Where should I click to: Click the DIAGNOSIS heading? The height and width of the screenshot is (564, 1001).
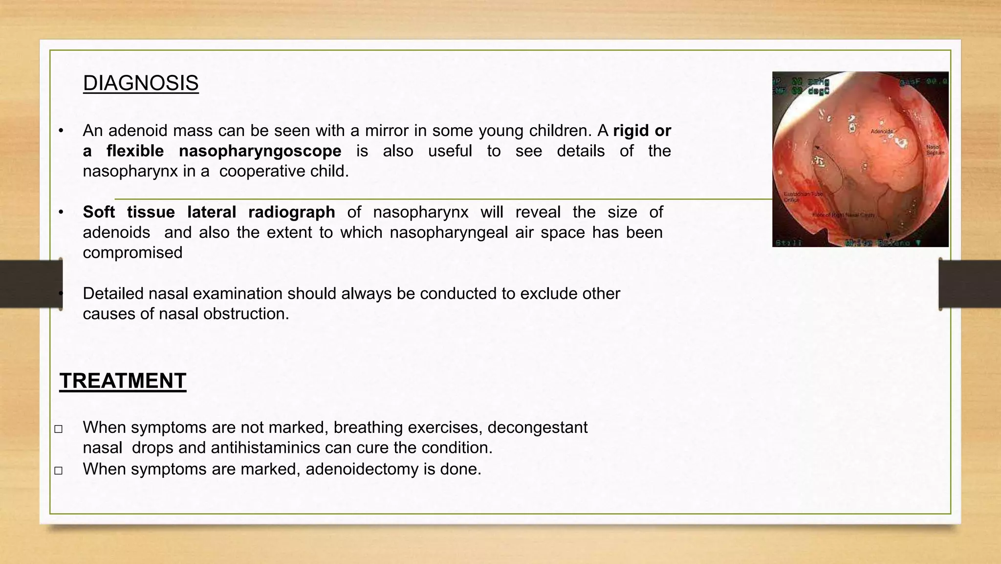pos(141,83)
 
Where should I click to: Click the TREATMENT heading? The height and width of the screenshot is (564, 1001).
pos(123,381)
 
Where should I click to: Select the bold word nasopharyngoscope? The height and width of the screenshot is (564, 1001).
pos(260,151)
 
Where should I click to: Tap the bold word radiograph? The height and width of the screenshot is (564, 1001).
pos(291,212)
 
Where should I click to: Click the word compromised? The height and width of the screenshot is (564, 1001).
pos(132,252)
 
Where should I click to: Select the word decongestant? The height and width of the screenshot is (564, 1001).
pos(537,427)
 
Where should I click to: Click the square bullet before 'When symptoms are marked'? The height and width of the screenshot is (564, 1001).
pos(59,471)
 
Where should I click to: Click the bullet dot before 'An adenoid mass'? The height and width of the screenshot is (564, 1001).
pos(61,131)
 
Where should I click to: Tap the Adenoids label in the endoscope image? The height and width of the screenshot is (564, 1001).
pos(882,131)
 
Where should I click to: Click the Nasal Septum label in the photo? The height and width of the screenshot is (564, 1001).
pos(935,150)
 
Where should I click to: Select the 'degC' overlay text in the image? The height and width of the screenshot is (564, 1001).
pos(817,91)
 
